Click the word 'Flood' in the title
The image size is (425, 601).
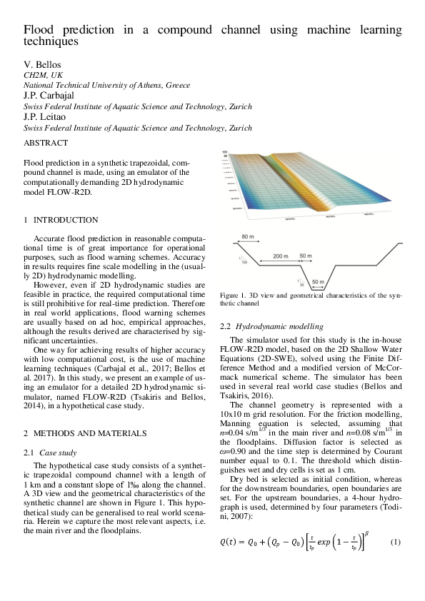coord(39,31)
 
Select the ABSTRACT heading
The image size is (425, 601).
coord(46,143)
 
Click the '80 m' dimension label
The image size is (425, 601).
coord(248,236)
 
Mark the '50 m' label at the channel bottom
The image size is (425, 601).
coord(319,282)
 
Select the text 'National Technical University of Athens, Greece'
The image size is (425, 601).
coord(107,84)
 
